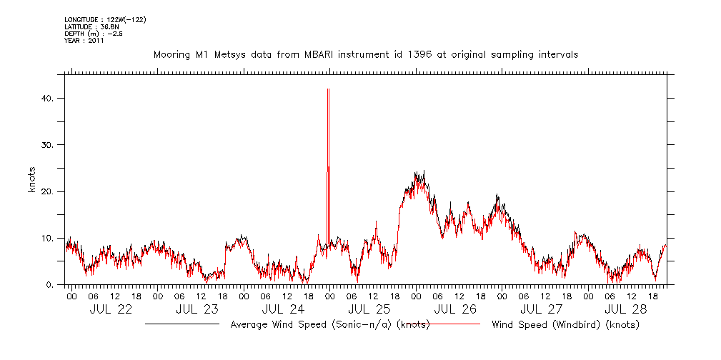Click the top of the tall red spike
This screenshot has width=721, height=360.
[x=328, y=89]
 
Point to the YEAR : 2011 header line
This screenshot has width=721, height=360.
[x=84, y=41]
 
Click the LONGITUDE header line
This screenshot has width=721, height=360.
[x=105, y=19]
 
